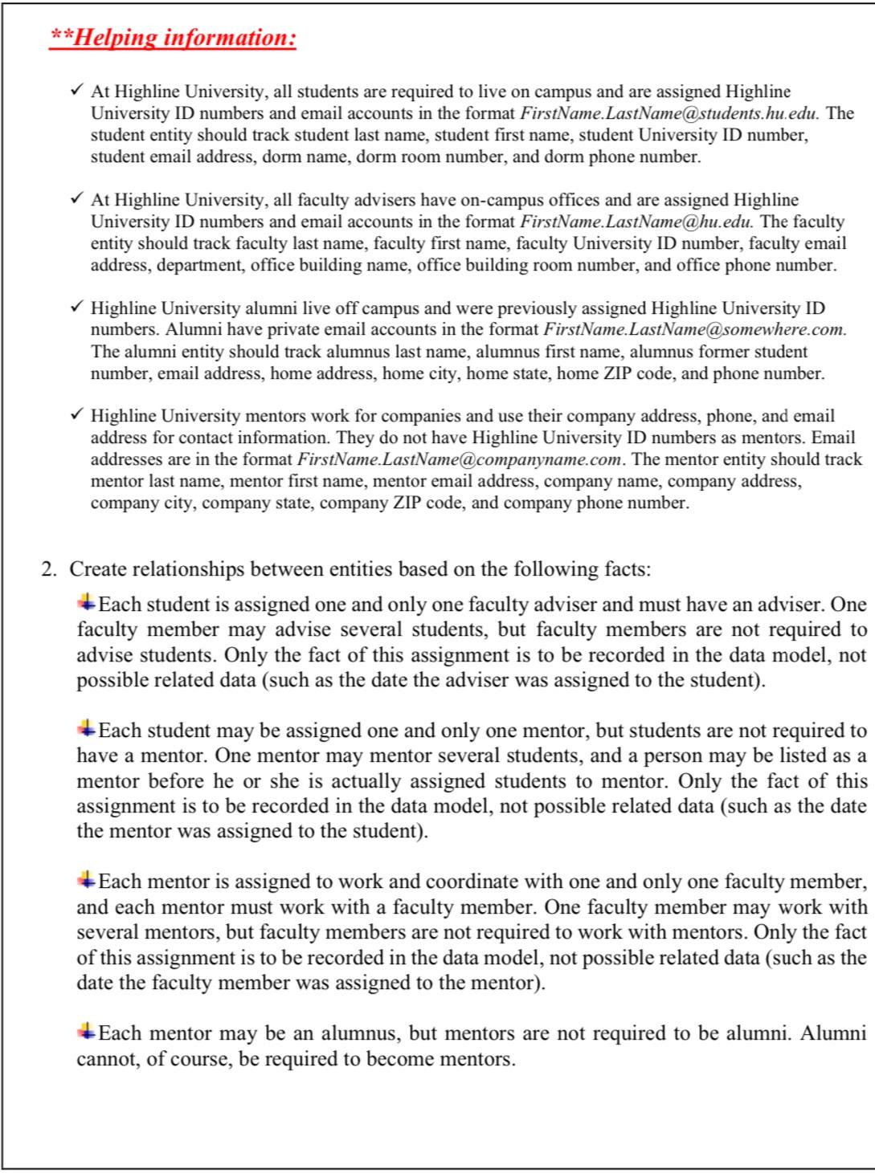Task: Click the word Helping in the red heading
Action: pyautogui.click(x=114, y=37)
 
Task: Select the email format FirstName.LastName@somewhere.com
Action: pyautogui.click(x=694, y=329)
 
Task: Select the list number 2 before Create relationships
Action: pyautogui.click(x=49, y=569)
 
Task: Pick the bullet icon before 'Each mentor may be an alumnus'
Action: pyautogui.click(x=85, y=1030)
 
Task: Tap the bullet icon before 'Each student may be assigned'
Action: pyautogui.click(x=85, y=728)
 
